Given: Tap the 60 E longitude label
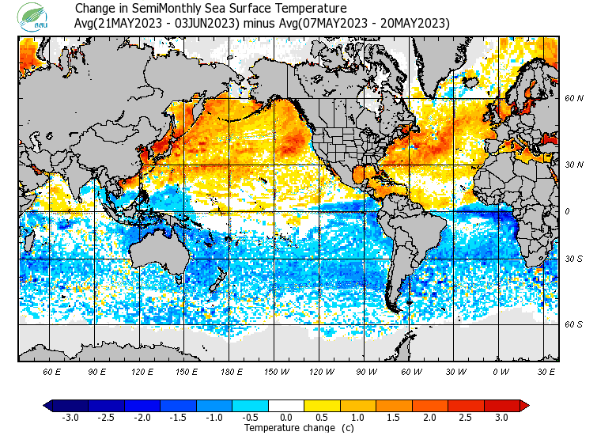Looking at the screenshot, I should click(x=53, y=372).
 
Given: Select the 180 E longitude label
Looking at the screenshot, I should click(x=232, y=372).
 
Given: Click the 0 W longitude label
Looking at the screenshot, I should click(x=501, y=372).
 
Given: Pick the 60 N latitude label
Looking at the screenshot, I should click(x=573, y=98).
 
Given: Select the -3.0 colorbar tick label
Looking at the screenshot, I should click(x=70, y=417).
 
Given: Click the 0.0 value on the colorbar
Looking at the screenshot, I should click(x=286, y=417).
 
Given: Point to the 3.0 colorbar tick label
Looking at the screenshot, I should click(x=502, y=417).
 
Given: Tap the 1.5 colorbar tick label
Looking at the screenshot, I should click(x=394, y=417).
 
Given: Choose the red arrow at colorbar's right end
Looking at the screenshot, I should click(x=524, y=405).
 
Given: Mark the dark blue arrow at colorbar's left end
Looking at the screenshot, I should click(x=48, y=405).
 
